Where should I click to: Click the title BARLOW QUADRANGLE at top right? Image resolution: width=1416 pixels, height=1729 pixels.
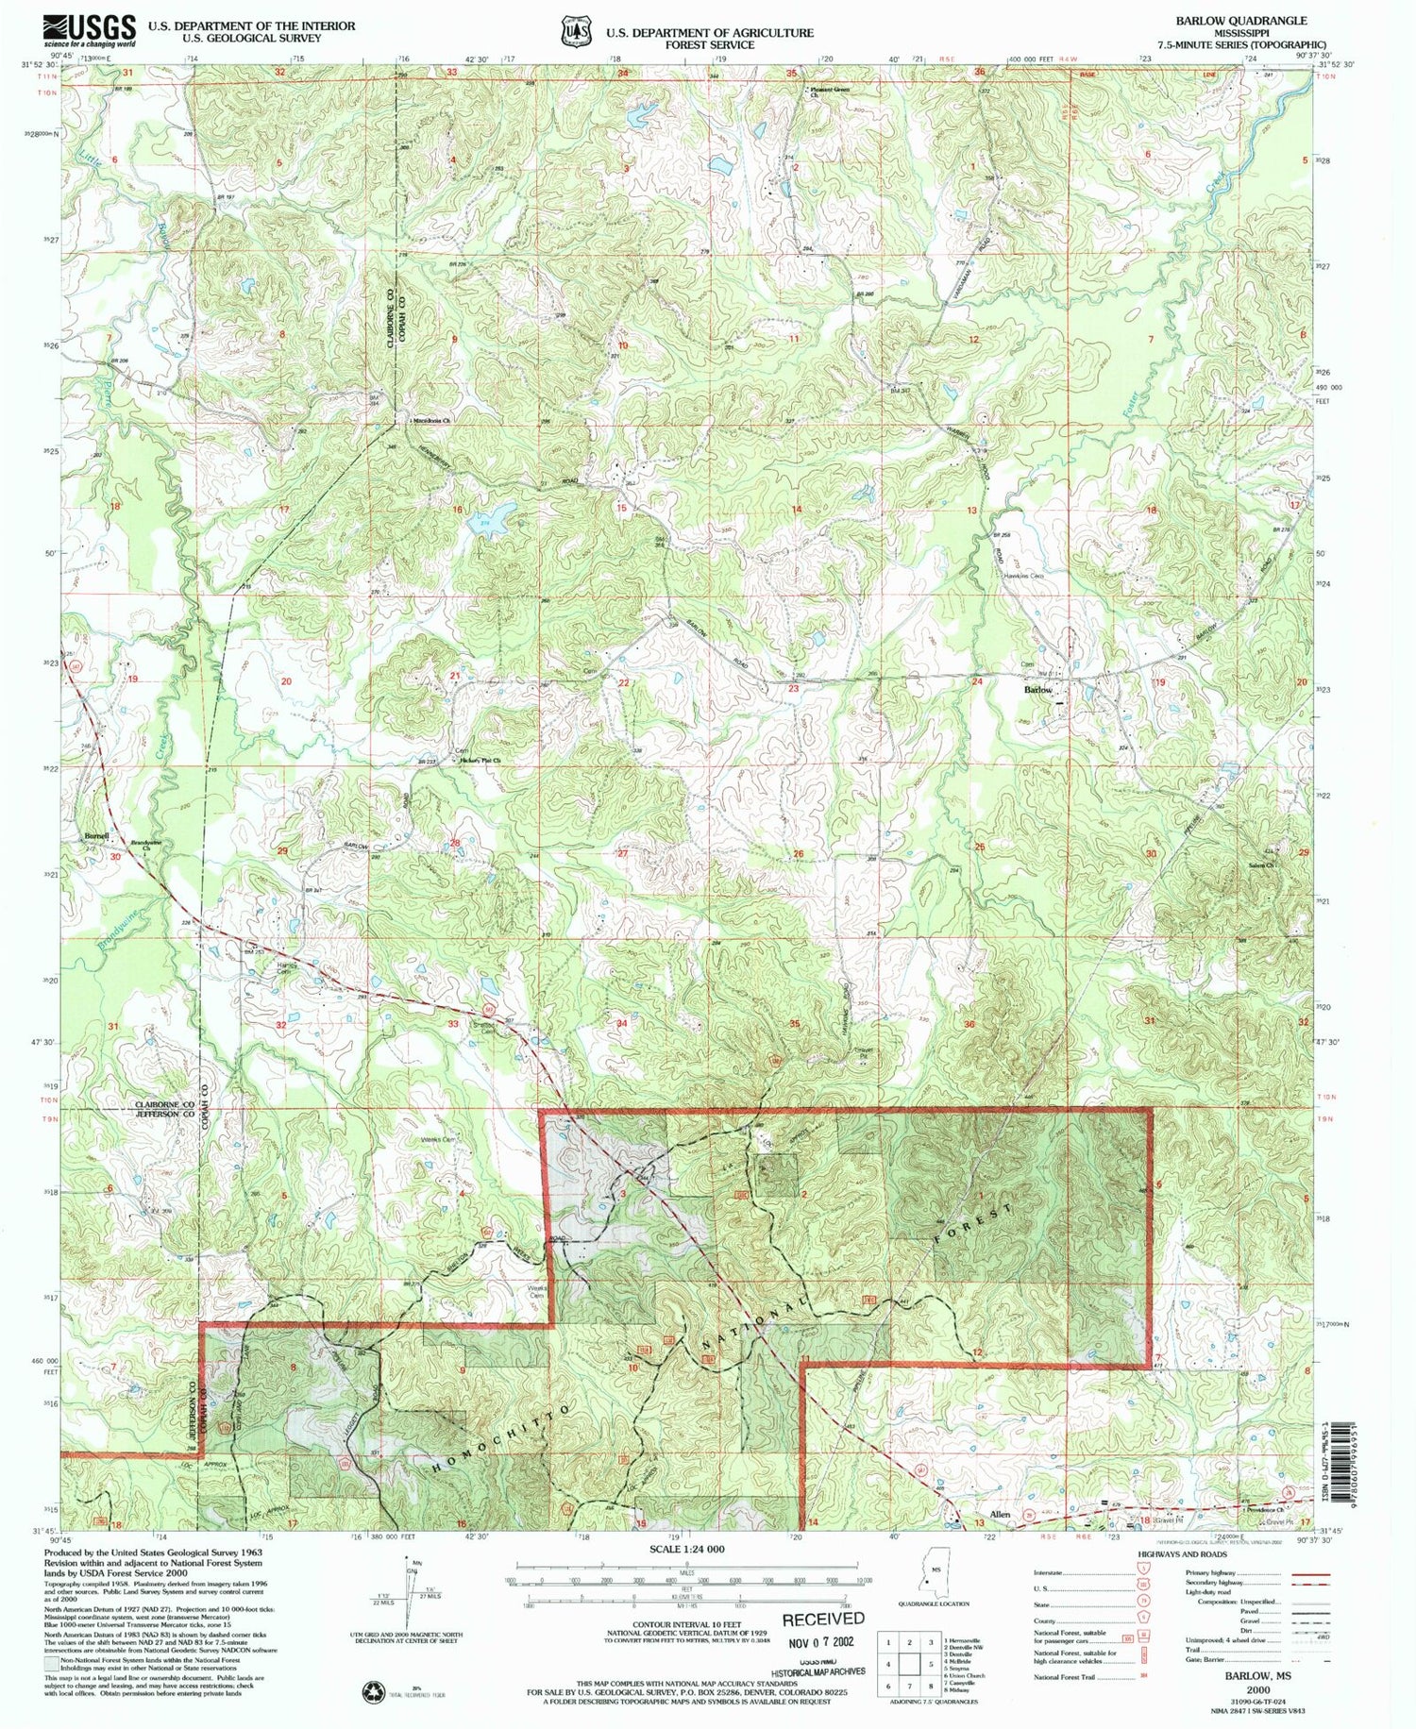point(1240,20)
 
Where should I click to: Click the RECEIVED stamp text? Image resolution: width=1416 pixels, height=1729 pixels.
point(821,1619)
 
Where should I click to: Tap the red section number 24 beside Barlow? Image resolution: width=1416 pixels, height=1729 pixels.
point(977,681)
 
